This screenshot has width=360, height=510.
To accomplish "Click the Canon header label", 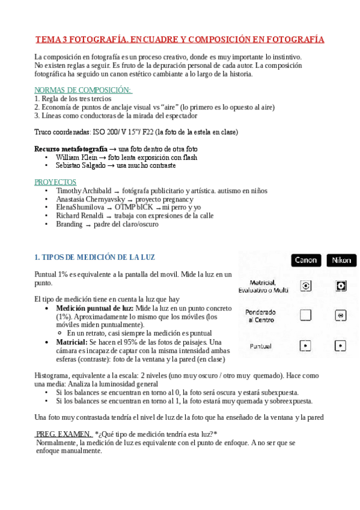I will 306,260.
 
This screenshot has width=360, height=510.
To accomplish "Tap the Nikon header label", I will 341,260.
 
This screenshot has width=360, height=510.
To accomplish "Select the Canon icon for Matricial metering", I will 306,286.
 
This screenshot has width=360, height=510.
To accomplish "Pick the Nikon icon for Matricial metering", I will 341,286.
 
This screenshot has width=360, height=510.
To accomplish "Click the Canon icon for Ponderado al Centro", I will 306,315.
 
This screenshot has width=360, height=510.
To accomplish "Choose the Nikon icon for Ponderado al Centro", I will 341,315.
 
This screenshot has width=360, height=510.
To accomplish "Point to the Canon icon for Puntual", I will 306,346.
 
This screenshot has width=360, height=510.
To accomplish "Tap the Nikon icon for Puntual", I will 341,346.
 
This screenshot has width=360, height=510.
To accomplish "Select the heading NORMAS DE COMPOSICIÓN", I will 83,90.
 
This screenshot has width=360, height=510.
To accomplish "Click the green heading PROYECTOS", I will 55,182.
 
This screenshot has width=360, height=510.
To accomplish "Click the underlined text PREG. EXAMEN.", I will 64,434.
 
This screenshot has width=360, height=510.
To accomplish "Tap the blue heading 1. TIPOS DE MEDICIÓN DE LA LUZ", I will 95,257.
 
